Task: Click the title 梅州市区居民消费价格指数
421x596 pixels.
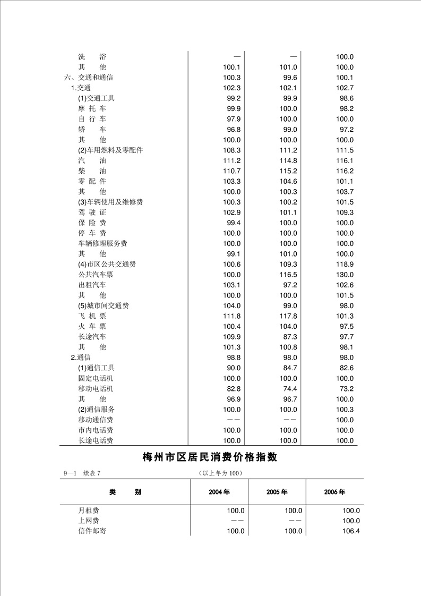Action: pos(210,457)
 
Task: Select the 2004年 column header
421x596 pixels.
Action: pos(219,492)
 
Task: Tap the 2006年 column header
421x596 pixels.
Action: pos(334,492)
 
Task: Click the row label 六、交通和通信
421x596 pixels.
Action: pos(88,78)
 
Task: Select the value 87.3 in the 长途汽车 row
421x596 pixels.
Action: pos(290,337)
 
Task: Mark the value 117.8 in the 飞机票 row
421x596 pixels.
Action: pos(288,316)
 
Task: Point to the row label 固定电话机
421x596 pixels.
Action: pos(96,378)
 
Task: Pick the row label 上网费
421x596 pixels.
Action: pos(89,521)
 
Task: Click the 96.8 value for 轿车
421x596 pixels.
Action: pos(234,129)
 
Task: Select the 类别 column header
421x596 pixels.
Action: pos(125,492)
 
